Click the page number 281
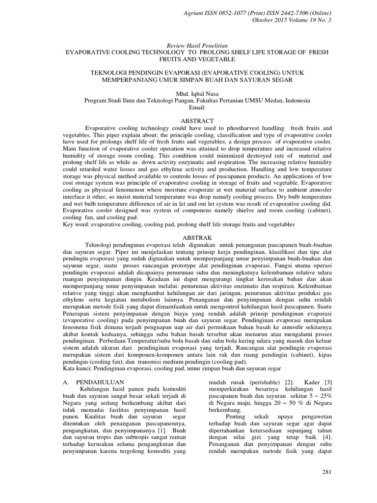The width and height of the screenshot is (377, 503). point(327,472)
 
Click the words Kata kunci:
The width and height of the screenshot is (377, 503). point(79,367)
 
